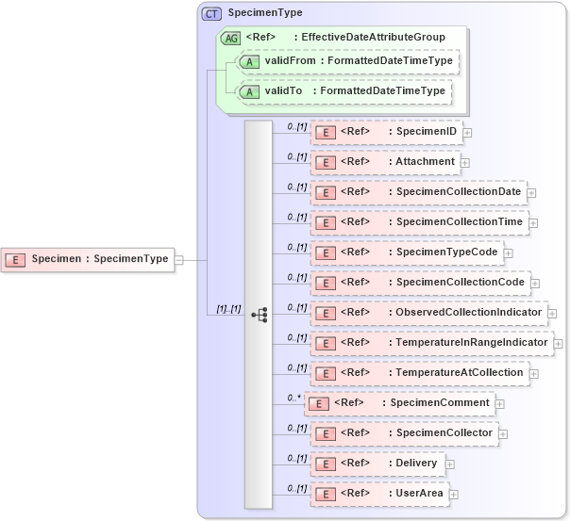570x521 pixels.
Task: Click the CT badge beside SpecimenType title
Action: (x=211, y=13)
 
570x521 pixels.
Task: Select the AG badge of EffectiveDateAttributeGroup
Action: (x=230, y=38)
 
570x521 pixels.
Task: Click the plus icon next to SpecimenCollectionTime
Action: (x=533, y=223)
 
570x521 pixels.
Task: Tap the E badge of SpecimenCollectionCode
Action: (x=325, y=283)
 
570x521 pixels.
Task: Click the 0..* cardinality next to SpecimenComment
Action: (x=294, y=398)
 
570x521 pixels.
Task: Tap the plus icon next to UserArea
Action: (x=454, y=495)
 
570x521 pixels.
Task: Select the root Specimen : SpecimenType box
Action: (x=89, y=259)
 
